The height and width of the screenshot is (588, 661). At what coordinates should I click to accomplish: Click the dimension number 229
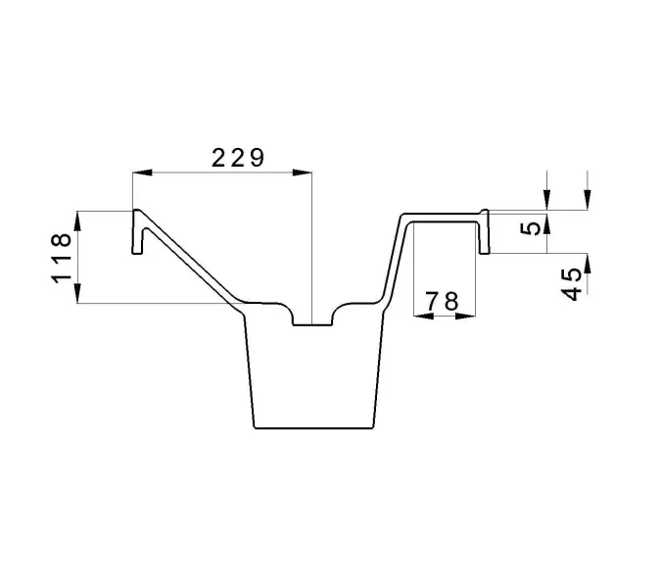[x=238, y=158]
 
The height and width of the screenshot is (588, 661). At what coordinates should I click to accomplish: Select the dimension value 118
[x=62, y=258]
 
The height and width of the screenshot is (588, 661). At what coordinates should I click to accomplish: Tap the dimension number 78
[x=442, y=301]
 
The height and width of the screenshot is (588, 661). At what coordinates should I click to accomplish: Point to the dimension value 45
[x=573, y=285]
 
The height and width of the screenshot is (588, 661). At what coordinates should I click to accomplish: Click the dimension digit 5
[x=531, y=228]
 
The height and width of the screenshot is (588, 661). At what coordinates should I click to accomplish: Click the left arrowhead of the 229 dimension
[x=142, y=172]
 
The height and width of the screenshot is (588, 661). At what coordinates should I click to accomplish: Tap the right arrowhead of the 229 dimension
[x=303, y=172]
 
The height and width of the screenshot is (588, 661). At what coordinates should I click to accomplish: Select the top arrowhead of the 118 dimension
[x=77, y=220]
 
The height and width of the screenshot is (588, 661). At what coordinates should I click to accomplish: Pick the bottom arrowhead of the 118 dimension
[x=77, y=293]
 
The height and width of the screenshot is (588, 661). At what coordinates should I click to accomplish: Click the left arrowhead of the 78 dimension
[x=424, y=316]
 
